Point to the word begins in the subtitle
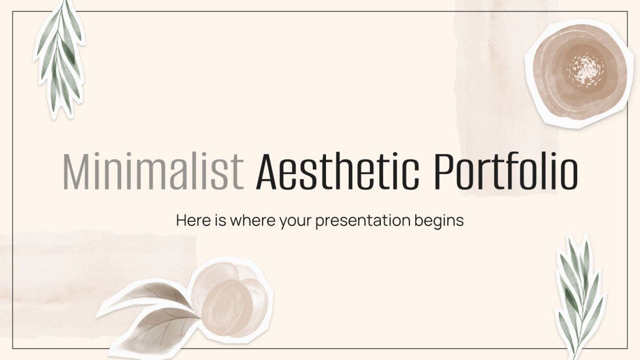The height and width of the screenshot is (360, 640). (437, 221)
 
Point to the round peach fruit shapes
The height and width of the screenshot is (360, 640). (229, 298)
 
